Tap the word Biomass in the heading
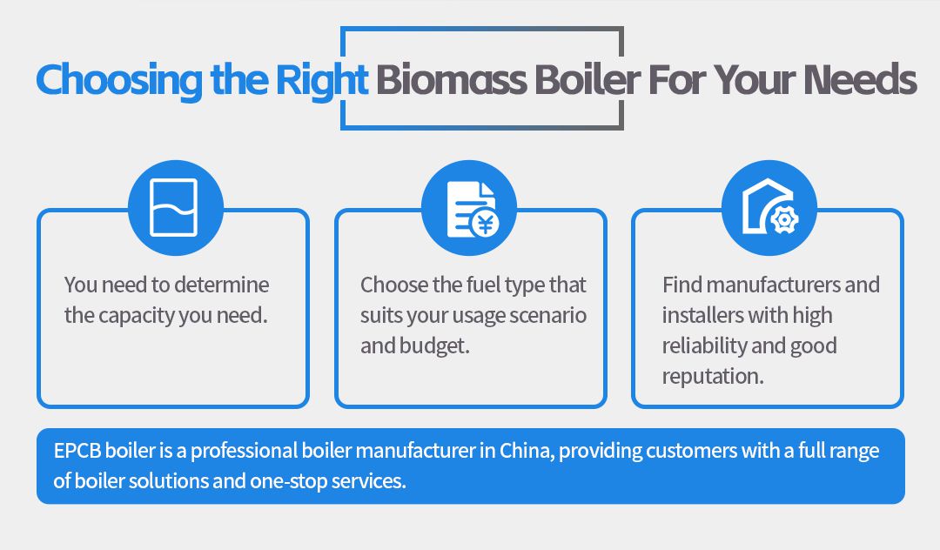452,79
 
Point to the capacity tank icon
174,207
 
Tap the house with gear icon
770,207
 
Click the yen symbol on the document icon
485,224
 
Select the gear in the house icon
784,220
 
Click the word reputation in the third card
713,377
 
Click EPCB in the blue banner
77,451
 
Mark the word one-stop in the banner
288,481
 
